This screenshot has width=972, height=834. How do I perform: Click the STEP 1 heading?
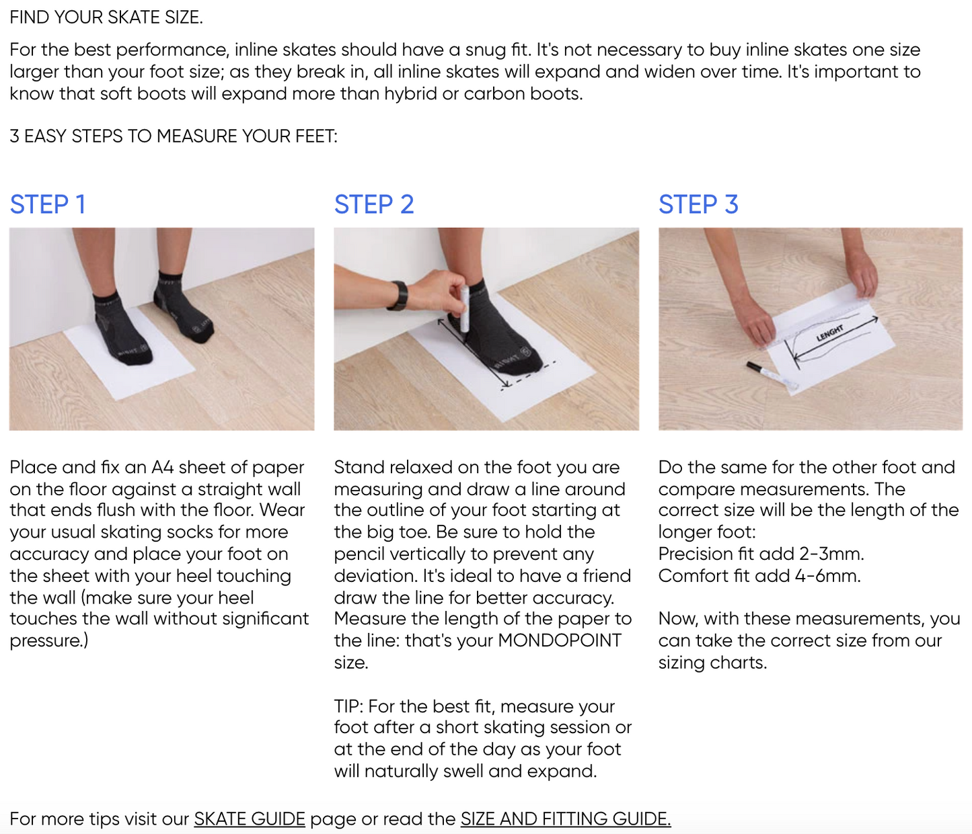[48, 204]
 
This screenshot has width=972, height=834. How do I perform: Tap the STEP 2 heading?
[374, 204]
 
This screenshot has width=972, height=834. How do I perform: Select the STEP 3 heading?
[698, 204]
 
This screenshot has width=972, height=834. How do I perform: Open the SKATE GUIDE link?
[250, 819]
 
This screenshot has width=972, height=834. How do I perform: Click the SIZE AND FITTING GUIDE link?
[566, 819]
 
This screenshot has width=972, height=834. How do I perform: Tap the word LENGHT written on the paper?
[830, 333]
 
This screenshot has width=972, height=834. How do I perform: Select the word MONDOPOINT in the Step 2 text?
[560, 640]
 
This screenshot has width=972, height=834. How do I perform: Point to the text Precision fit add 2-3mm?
[761, 554]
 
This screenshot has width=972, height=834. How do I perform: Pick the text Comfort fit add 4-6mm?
[759, 575]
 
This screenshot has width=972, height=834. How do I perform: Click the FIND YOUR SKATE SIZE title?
[106, 17]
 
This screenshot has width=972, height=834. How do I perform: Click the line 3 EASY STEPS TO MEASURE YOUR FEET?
[174, 136]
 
